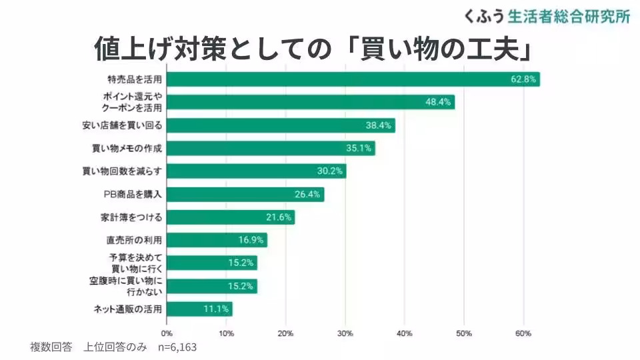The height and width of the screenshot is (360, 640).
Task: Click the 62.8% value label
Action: pos(523,79)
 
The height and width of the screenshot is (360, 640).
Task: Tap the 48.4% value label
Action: pos(439,102)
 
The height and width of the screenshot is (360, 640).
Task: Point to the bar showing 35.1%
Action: pos(270,148)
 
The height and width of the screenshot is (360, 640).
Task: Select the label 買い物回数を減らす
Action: pos(127,171)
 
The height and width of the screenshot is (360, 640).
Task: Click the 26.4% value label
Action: pos(308,195)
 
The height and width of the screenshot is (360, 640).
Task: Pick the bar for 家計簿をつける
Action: pos(230,217)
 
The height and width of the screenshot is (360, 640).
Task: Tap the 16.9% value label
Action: pos(251,240)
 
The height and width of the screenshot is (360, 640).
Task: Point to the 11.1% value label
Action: pos(217,309)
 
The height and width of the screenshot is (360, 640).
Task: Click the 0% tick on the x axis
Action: pos(167,333)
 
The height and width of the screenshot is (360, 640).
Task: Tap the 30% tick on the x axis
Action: pos(345,333)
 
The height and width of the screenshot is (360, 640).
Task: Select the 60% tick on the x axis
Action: pos(523,333)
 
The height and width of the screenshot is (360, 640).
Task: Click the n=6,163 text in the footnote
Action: pos(177,347)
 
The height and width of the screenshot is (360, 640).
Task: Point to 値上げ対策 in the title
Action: pos(157,50)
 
